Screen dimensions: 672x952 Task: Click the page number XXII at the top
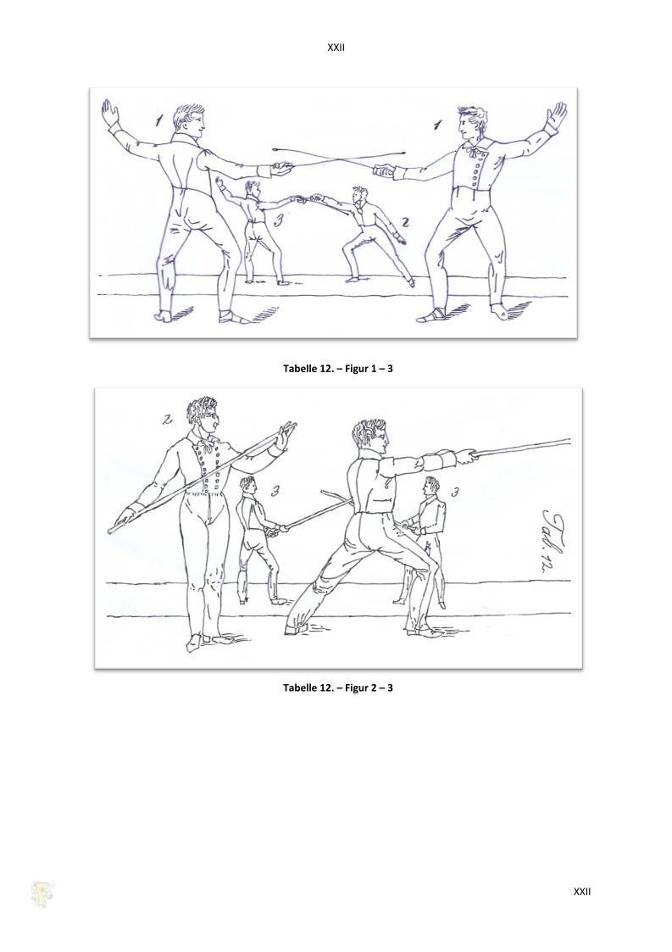point(336,47)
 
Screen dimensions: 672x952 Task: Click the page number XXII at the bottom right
point(582,891)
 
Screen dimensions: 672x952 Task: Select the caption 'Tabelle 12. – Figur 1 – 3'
point(338,368)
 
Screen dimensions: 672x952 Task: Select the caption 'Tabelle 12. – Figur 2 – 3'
point(338,688)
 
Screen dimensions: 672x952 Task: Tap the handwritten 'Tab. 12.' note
point(550,539)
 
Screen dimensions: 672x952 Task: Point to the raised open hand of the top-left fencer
point(110,112)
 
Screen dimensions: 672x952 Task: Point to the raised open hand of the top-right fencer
point(557,114)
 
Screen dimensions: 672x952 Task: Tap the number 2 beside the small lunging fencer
point(406,222)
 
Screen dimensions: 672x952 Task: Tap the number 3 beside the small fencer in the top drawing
point(279,220)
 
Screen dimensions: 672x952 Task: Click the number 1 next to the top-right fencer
point(437,125)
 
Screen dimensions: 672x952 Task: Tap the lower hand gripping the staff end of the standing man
point(125,515)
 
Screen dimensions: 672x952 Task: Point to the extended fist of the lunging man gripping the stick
point(468,456)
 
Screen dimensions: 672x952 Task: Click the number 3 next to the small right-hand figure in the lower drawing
point(454,493)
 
